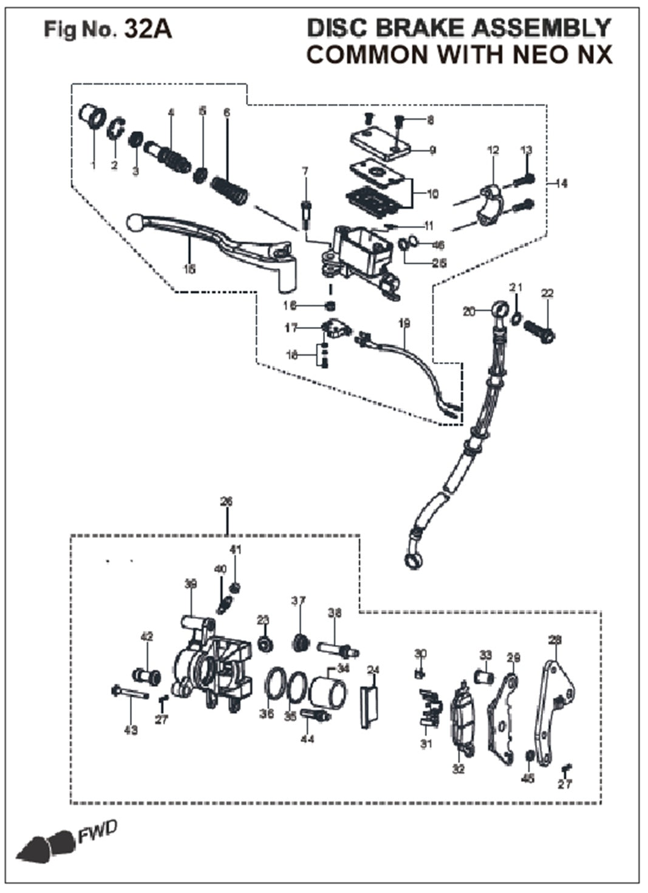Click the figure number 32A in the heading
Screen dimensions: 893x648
click(148, 29)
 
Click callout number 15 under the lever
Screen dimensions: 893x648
click(189, 269)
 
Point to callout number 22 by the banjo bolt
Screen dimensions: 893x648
click(547, 294)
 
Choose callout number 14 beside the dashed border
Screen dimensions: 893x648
click(562, 183)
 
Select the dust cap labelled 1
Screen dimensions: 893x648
click(93, 116)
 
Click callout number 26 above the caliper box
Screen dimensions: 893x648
click(227, 502)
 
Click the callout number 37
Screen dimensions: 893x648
click(298, 602)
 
